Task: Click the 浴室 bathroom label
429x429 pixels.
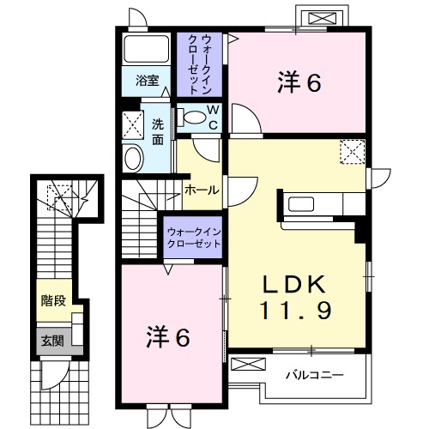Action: (148, 81)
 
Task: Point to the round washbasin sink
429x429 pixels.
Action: (133, 158)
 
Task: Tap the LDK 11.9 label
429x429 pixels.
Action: (298, 298)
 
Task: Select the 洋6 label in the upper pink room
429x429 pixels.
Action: (299, 83)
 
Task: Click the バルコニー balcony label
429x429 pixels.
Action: (315, 375)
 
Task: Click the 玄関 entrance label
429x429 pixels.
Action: (51, 341)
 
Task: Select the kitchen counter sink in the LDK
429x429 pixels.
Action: (303, 205)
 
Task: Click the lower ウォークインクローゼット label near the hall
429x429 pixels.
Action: (193, 237)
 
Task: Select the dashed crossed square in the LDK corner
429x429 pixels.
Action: (352, 152)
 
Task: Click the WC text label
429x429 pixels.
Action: (214, 118)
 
